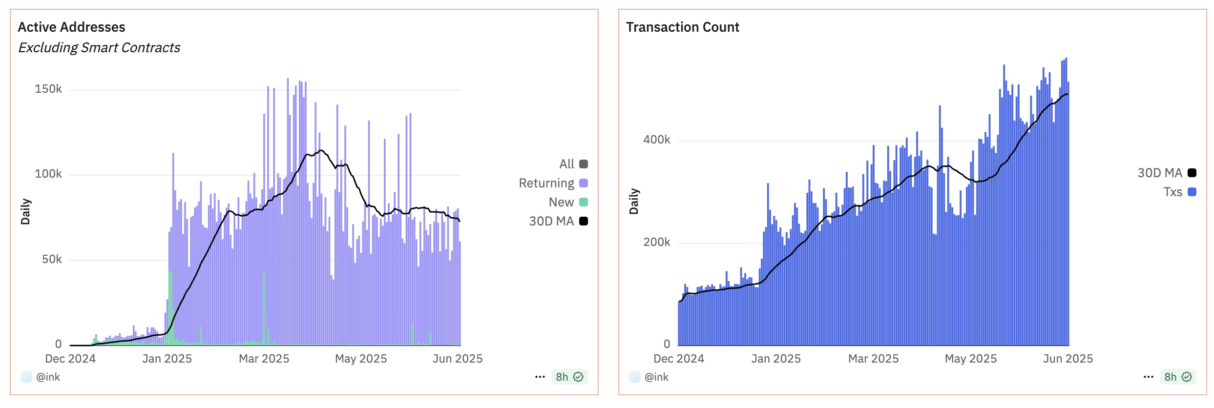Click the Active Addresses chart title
[71, 27]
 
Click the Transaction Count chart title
[682, 27]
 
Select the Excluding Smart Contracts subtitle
[99, 48]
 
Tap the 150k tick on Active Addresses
[48, 89]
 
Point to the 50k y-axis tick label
[51, 259]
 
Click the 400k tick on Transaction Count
[656, 140]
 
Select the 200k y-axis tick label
[656, 242]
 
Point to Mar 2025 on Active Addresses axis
[264, 359]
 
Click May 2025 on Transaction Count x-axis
[970, 359]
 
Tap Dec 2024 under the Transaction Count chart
[678, 359]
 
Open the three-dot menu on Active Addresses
[540, 377]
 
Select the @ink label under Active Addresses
[47, 377]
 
